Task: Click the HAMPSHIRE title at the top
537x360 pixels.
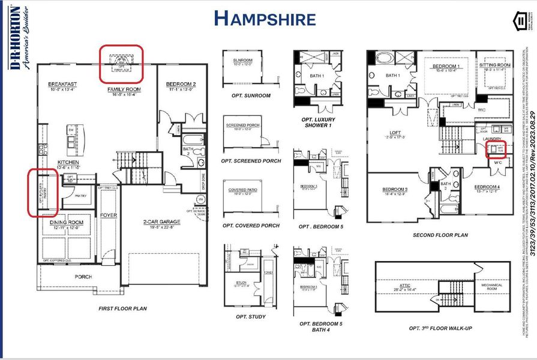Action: (x=265, y=19)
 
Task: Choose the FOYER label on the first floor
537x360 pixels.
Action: (x=108, y=214)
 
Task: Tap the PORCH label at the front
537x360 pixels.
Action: (x=83, y=277)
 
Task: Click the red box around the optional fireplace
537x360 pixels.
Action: (x=121, y=63)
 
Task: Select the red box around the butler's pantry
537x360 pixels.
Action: (x=43, y=192)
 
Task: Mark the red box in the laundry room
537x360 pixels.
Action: (x=500, y=149)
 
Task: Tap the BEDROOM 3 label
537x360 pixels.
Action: (x=395, y=190)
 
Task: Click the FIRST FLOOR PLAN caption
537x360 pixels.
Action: (x=122, y=308)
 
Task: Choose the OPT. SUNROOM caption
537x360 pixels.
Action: (x=251, y=95)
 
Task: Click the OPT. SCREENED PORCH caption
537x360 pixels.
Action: (x=251, y=161)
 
